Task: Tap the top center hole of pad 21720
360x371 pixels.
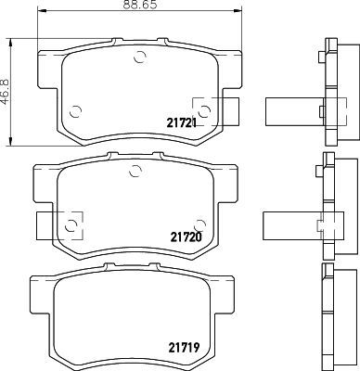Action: coord(134,169)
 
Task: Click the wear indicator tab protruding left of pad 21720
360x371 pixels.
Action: coord(46,223)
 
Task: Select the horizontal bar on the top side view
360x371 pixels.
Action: coord(292,110)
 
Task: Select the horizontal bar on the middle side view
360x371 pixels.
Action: coord(292,223)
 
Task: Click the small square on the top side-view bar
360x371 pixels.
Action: coord(321,111)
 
